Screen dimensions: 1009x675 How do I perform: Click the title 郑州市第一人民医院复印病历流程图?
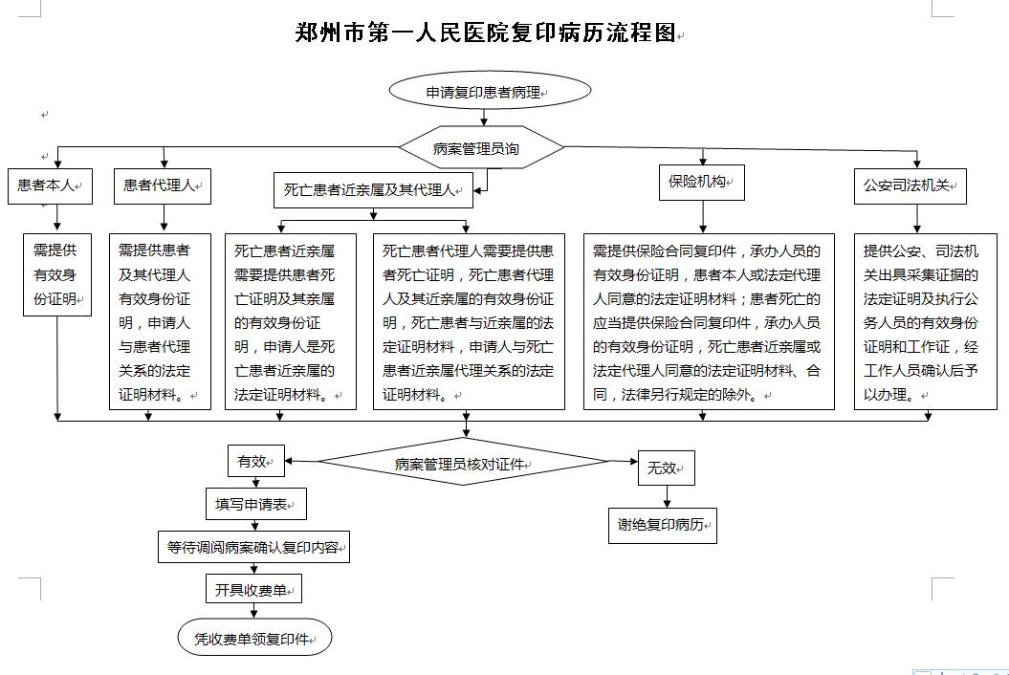click(486, 33)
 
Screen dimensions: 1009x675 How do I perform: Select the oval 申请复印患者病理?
click(490, 91)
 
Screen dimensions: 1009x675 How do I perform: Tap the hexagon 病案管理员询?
click(481, 147)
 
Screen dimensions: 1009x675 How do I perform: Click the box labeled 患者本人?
click(50, 186)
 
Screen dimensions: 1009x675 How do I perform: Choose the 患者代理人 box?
click(163, 186)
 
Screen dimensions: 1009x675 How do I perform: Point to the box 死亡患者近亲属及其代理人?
click(373, 190)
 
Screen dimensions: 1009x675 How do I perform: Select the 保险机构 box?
click(701, 182)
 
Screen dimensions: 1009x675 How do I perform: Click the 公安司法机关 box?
click(910, 186)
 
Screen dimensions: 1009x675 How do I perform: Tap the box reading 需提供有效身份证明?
click(57, 274)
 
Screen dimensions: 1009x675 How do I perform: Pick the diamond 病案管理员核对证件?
click(463, 462)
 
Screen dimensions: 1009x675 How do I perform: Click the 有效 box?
click(256, 461)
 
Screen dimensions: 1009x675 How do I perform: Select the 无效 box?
click(666, 468)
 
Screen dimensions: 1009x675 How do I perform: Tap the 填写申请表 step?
click(256, 504)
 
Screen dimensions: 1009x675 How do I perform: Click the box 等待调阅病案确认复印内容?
click(253, 547)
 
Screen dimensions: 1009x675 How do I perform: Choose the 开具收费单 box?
click(253, 589)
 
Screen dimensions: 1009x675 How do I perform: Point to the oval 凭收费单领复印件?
click(254, 638)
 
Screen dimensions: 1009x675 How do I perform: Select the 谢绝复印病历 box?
click(662, 525)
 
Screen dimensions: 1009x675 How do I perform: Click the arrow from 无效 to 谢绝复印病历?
click(667, 497)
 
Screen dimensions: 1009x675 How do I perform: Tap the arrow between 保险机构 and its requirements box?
click(703, 217)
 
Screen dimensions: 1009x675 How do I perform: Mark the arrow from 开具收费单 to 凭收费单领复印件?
click(254, 611)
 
